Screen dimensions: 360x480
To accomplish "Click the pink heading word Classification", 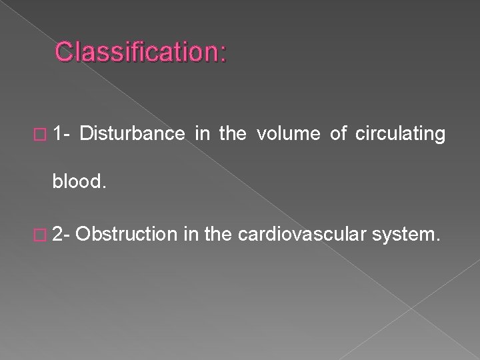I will pos(137,53).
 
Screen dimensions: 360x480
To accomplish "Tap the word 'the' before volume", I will pos(233,134).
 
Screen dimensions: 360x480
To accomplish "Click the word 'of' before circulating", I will pos(339,134).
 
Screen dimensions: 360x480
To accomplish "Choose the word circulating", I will pos(401,135).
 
